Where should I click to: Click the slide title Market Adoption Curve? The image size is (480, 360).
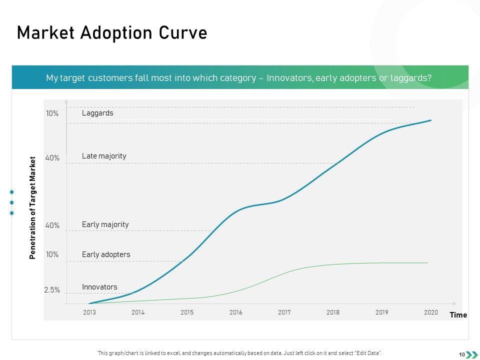point(112,32)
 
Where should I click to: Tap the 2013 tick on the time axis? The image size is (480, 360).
point(89,312)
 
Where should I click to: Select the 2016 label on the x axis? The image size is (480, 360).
point(236,312)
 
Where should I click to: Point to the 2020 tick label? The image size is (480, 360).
point(431,312)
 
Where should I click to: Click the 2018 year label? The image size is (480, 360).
point(333,312)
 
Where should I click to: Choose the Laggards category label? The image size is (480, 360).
point(97,113)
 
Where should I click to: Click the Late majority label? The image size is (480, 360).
point(104,156)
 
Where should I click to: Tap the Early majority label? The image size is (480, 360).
point(105,224)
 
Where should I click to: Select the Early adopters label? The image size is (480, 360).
point(106,254)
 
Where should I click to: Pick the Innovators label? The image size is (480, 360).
point(99,287)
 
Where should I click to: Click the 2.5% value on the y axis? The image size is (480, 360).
point(52,290)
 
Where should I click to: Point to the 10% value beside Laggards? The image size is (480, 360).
point(52,113)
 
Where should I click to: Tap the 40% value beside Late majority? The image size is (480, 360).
point(52,158)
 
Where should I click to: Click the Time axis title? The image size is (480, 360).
point(458,315)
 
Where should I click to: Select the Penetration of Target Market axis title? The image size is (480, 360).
point(33,208)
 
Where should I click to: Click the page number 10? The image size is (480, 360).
point(462,354)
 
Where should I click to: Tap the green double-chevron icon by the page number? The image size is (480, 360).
point(471,354)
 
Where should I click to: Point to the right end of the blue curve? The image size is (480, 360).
point(430,120)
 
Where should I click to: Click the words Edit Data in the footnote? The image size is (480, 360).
point(370,353)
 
